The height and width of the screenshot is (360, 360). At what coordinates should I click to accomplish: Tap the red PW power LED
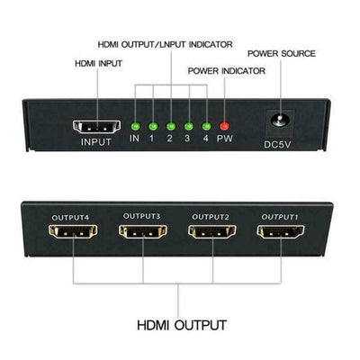tap(225, 126)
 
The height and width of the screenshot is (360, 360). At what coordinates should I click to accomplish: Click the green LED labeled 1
tap(153, 126)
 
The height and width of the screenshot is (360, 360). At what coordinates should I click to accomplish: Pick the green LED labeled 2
tap(171, 126)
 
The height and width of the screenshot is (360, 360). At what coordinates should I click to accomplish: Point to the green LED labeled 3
tap(189, 126)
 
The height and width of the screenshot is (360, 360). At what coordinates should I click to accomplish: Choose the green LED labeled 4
tap(207, 126)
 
